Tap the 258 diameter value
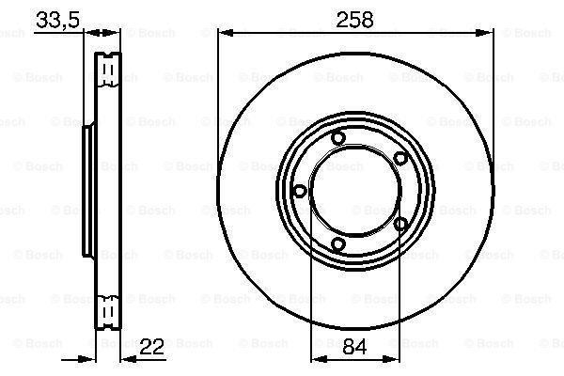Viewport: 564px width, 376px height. [355, 19]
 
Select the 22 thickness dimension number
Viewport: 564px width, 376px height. [151, 347]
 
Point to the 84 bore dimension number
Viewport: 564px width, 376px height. [354, 347]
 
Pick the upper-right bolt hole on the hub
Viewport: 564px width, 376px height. [399, 158]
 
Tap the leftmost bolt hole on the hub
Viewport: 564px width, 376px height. [299, 191]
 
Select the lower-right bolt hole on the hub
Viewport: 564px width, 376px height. [400, 224]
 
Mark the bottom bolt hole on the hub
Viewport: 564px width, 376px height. [339, 245]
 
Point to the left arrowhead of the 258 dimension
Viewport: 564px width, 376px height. [224, 33]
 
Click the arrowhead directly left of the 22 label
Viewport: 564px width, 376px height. [124, 360]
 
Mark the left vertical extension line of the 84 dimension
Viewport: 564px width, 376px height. [310, 282]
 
